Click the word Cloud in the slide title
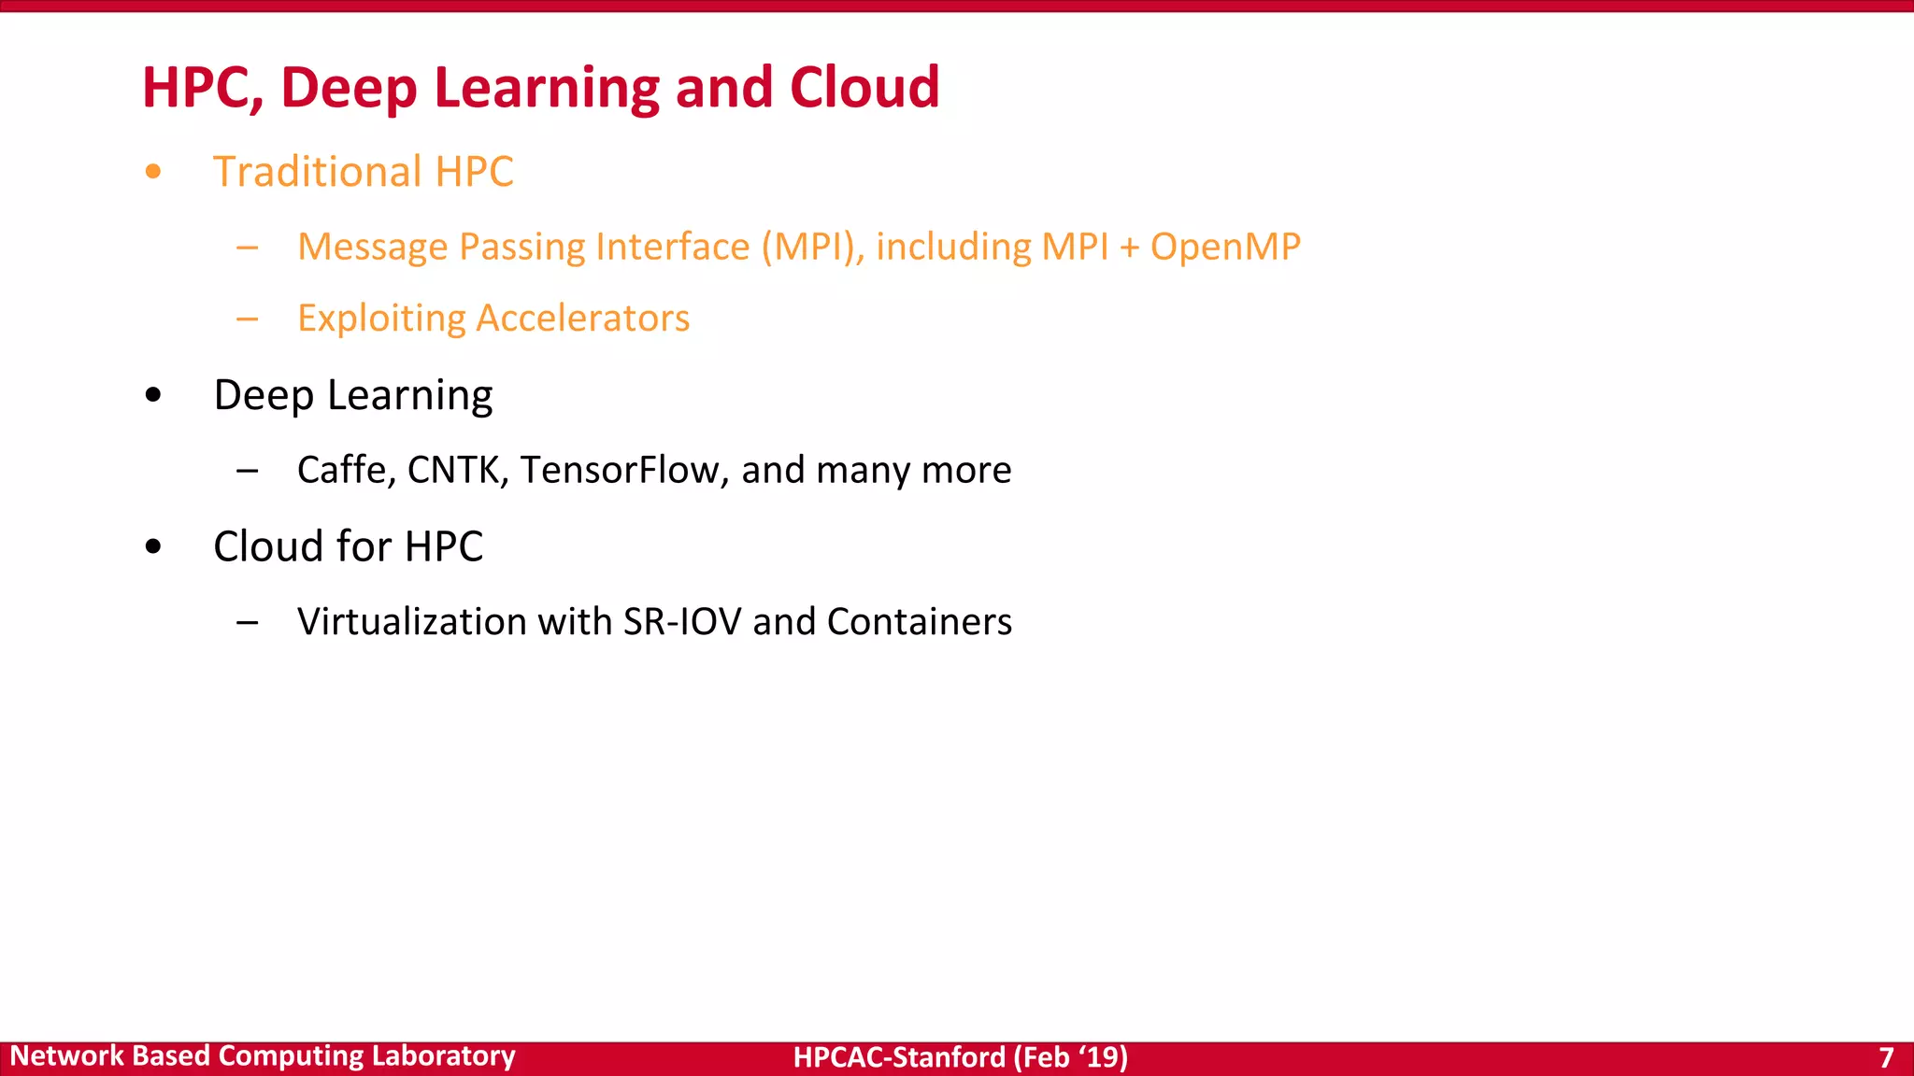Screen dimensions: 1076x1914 [x=864, y=88]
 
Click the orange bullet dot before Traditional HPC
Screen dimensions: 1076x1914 [x=153, y=172]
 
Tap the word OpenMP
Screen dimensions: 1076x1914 [x=1224, y=248]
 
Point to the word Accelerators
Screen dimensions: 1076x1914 [x=582, y=319]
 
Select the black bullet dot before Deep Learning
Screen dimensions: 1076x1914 [x=153, y=395]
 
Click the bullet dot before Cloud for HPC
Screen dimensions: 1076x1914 [x=153, y=546]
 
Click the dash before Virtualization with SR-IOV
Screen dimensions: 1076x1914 [x=247, y=622]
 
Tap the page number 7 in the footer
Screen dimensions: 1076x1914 [x=1886, y=1057]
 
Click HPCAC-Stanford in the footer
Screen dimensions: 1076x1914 [x=899, y=1057]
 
